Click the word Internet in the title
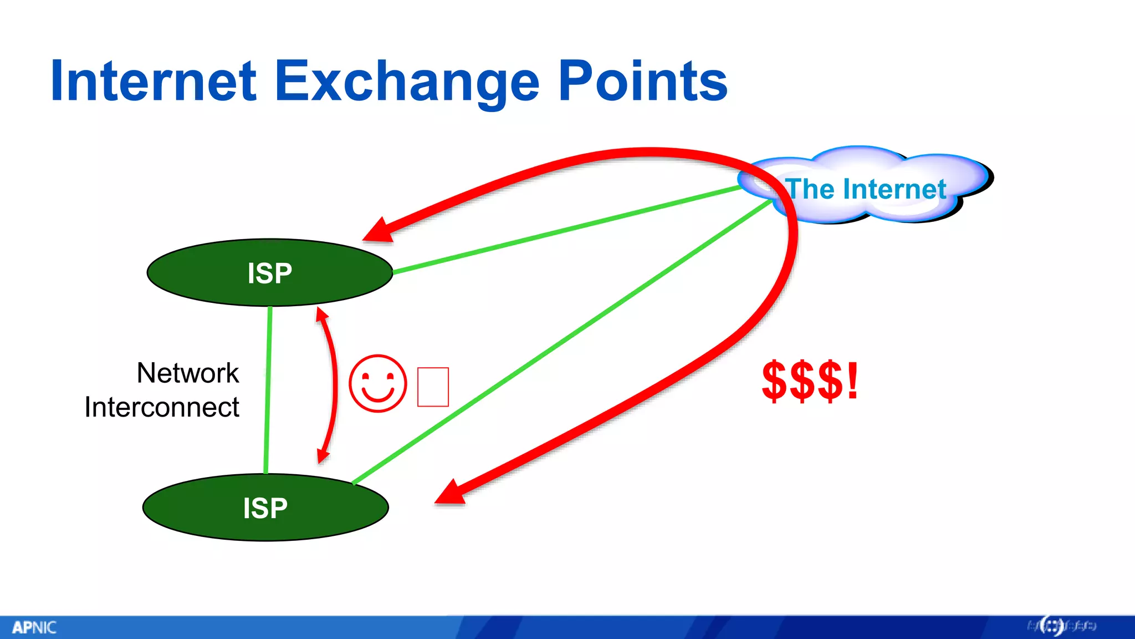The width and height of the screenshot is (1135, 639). coord(154,82)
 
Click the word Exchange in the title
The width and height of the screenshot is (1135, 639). coord(407,82)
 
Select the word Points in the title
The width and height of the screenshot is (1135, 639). coord(642,82)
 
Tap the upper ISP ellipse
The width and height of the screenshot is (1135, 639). coord(270,273)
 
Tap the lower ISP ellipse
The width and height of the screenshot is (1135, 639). coord(265,508)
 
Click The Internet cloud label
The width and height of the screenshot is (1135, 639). coord(866,189)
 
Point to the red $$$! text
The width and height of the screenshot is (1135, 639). coord(810,381)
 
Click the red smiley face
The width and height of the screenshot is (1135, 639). coord(378,383)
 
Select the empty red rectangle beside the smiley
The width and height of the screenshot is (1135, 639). coord(433,387)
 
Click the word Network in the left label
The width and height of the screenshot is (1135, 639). coord(188,373)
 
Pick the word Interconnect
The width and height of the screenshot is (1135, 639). coord(162,407)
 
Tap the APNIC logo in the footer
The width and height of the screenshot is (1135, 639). coord(34,627)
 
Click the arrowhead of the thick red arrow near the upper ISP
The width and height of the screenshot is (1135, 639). coord(379,231)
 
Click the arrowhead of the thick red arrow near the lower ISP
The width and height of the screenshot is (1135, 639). coord(451,493)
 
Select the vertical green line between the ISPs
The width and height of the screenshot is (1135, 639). coord(268,388)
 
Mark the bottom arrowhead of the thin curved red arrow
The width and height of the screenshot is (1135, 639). coord(323,456)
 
